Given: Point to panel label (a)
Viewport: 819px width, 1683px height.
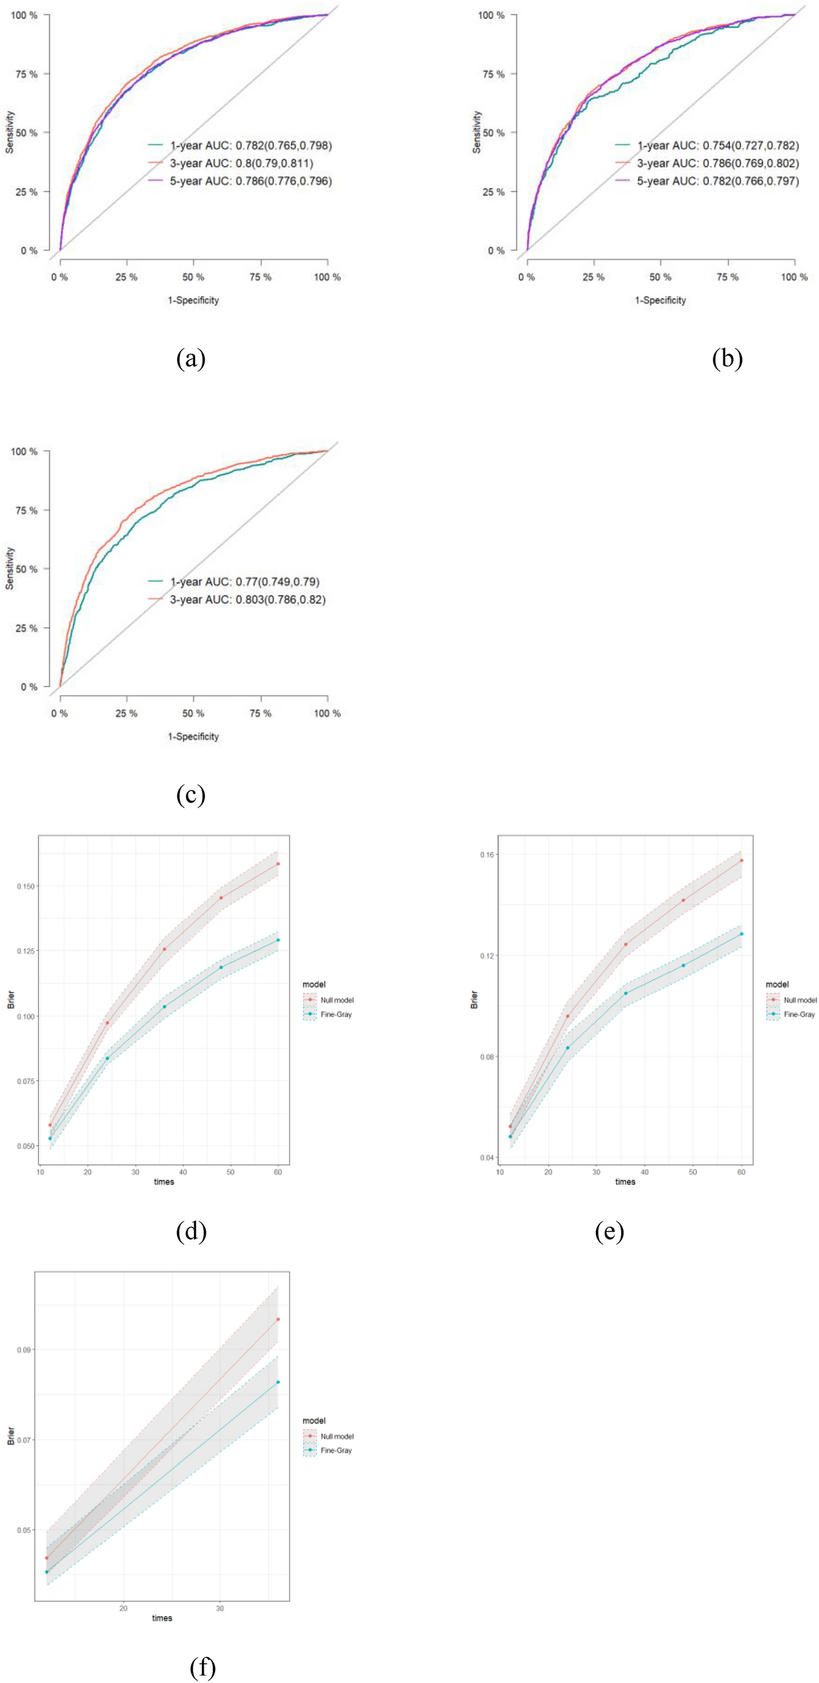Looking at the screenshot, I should coord(191,359).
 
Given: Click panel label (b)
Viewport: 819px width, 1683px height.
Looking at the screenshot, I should coord(727,359).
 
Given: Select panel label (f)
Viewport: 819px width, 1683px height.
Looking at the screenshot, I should coord(202,1667).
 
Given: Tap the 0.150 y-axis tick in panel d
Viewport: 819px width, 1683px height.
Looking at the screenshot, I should coord(25,886).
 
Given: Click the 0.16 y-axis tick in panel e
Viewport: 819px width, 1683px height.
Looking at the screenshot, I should coord(487,854).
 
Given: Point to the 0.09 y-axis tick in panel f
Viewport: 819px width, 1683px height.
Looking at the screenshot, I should coord(24,1350).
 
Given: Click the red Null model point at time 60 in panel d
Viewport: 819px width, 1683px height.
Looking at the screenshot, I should coord(278,864).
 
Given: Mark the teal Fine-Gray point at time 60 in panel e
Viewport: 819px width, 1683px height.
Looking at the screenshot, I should coord(741,933).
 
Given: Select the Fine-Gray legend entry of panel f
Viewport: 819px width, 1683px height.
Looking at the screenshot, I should coord(336,1450).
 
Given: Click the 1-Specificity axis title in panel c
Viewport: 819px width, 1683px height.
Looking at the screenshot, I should coord(193,736).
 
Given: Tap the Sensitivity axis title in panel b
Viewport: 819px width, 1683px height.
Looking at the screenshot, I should coord(477,132).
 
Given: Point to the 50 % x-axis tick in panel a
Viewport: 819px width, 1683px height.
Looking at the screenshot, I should coord(193,277).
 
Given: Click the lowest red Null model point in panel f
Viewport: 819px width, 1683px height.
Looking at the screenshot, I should coord(46,1558).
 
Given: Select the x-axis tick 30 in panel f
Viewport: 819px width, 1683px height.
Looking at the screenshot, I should coord(220,1608).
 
